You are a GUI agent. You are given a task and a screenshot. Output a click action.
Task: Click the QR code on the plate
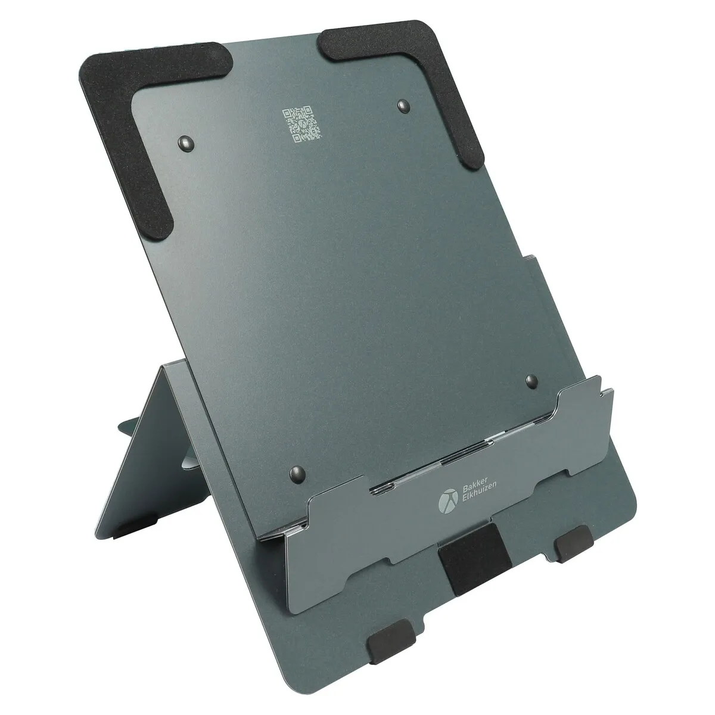302,125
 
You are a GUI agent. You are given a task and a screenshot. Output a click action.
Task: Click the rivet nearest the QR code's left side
186,143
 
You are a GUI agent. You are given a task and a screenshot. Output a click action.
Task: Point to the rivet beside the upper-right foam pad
404,106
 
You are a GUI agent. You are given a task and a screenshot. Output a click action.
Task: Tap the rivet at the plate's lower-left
297,474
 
